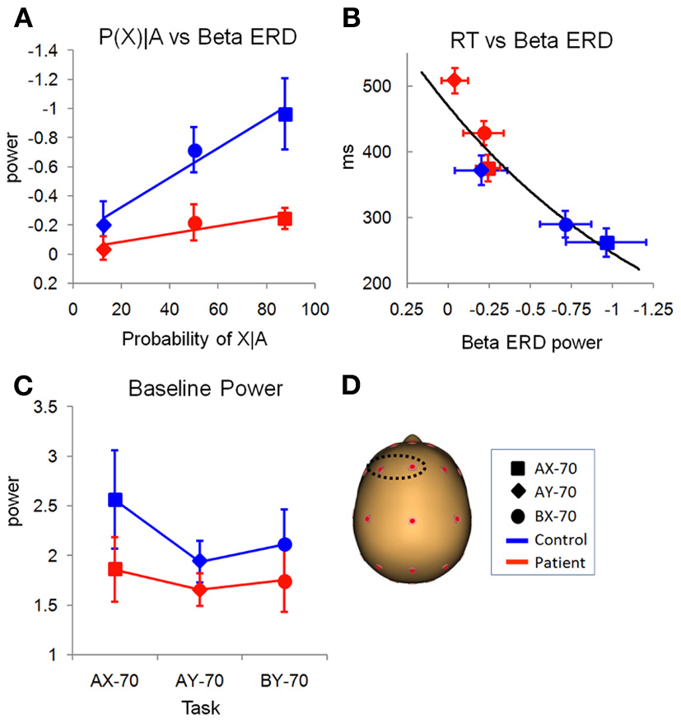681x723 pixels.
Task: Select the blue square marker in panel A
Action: [285, 114]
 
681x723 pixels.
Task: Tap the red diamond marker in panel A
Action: [104, 249]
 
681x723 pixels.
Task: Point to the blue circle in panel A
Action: [195, 150]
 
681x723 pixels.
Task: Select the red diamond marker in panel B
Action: [454, 80]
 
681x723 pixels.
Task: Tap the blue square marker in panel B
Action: [607, 242]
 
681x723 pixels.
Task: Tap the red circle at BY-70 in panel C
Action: [285, 581]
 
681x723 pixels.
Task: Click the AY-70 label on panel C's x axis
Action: [200, 683]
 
